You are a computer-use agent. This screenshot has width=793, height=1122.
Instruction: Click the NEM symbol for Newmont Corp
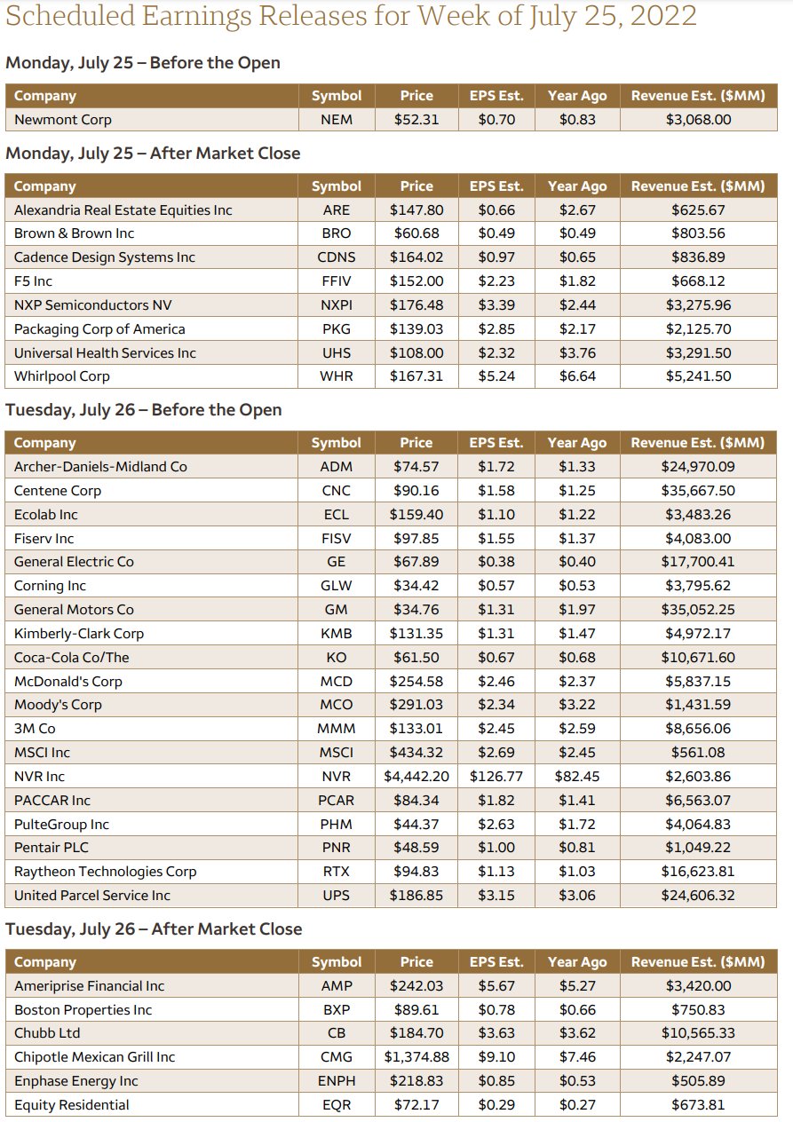336,119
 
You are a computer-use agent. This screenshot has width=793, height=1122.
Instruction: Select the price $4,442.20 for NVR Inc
416,776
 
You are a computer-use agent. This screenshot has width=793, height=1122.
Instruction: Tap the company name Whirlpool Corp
62,376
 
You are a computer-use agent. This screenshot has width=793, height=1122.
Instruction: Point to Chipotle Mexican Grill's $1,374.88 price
416,1057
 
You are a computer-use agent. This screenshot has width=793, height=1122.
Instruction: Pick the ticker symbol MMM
336,729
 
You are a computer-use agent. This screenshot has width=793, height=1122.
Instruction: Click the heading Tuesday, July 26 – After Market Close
154,929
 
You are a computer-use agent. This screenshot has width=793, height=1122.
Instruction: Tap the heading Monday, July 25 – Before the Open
143,63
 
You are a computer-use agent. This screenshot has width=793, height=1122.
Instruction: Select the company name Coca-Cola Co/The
71,657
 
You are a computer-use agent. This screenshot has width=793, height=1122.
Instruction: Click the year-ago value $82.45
576,776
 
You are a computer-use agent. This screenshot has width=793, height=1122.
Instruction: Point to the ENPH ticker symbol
336,1081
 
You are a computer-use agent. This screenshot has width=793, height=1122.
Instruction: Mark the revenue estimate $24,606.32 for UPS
697,895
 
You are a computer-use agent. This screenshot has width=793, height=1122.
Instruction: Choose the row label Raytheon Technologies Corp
105,871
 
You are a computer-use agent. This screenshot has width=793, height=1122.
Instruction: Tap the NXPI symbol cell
336,304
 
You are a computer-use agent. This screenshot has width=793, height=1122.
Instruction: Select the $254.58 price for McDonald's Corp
416,681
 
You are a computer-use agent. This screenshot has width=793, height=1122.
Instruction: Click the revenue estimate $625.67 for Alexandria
697,209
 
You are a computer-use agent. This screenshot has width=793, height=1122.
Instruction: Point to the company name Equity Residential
71,1105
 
